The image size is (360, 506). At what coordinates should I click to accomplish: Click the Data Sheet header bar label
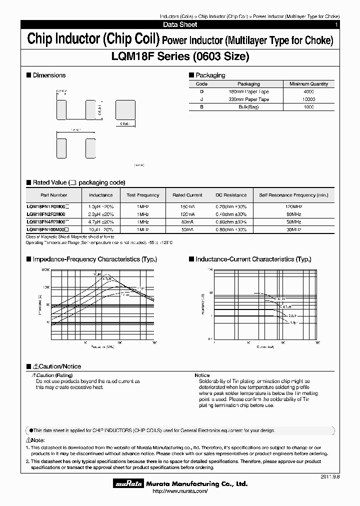click(x=180, y=24)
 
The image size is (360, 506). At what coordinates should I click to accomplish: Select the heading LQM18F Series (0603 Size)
click(x=180, y=56)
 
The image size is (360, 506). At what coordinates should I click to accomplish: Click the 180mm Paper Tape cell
click(x=248, y=92)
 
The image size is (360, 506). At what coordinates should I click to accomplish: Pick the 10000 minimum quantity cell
click(x=308, y=99)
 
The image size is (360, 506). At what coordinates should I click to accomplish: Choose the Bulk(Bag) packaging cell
click(x=248, y=107)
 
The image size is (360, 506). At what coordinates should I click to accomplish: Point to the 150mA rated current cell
click(x=187, y=206)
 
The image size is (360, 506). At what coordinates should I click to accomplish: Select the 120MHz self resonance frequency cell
click(x=293, y=206)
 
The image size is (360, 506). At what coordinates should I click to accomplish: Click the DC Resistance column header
click(x=231, y=195)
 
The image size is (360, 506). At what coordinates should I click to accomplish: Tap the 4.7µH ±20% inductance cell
click(x=101, y=221)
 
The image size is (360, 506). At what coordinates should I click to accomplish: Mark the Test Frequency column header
click(x=143, y=195)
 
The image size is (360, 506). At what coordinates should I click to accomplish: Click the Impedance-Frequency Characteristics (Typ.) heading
click(x=94, y=259)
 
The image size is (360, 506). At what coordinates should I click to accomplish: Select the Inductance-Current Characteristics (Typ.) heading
click(x=253, y=259)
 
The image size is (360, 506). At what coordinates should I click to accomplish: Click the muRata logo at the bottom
click(x=129, y=484)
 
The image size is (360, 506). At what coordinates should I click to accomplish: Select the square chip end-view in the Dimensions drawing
click(x=125, y=109)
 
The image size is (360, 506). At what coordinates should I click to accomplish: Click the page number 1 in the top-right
click(x=336, y=24)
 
